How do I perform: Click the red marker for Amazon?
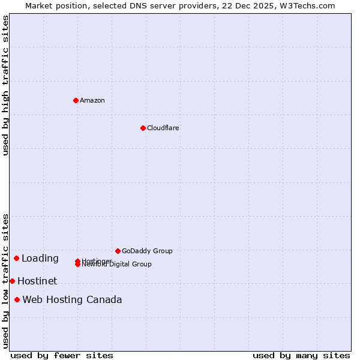pos(76,100)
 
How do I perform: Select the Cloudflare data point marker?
pos(143,128)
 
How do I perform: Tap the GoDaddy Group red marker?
pos(118,251)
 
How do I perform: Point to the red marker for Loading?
pos(16,258)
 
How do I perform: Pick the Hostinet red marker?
pos(12,281)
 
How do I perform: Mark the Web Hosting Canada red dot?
pos(17,299)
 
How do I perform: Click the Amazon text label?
pos(92,100)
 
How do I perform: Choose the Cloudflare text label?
pos(163,128)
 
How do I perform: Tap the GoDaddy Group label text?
pos(147,251)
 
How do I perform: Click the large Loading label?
pos(40,259)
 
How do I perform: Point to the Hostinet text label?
pos(37,281)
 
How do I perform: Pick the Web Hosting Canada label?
pos(72,299)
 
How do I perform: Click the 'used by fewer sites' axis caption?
pos(62,355)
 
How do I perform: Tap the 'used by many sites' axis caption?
pos(301,355)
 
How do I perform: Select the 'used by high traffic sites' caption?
pos(5,85)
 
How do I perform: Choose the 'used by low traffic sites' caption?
pos(5,280)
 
